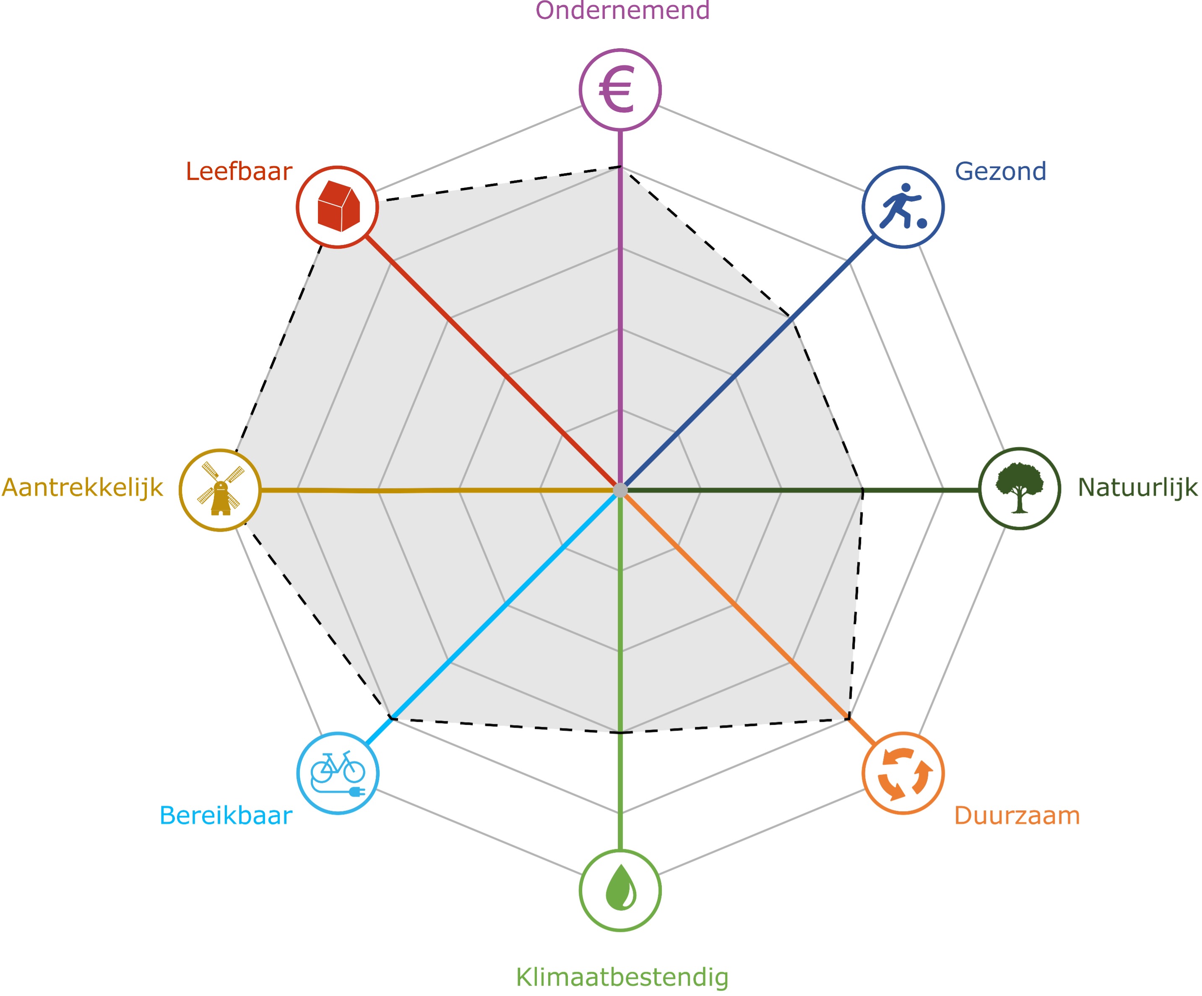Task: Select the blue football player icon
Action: [x=903, y=207]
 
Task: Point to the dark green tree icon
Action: [x=1020, y=488]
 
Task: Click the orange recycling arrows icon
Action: [x=903, y=773]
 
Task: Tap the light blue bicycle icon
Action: [x=338, y=773]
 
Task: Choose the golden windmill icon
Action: [x=220, y=490]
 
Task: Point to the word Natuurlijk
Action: [x=1137, y=488]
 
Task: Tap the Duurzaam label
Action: [x=1017, y=815]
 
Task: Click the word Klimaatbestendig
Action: [x=622, y=977]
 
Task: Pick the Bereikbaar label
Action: [x=226, y=815]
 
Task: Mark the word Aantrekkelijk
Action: [x=83, y=488]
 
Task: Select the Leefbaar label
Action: [x=239, y=171]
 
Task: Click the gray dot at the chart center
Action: [x=620, y=490]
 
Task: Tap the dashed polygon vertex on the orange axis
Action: [x=849, y=718]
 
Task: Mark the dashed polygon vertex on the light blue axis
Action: [x=391, y=718]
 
